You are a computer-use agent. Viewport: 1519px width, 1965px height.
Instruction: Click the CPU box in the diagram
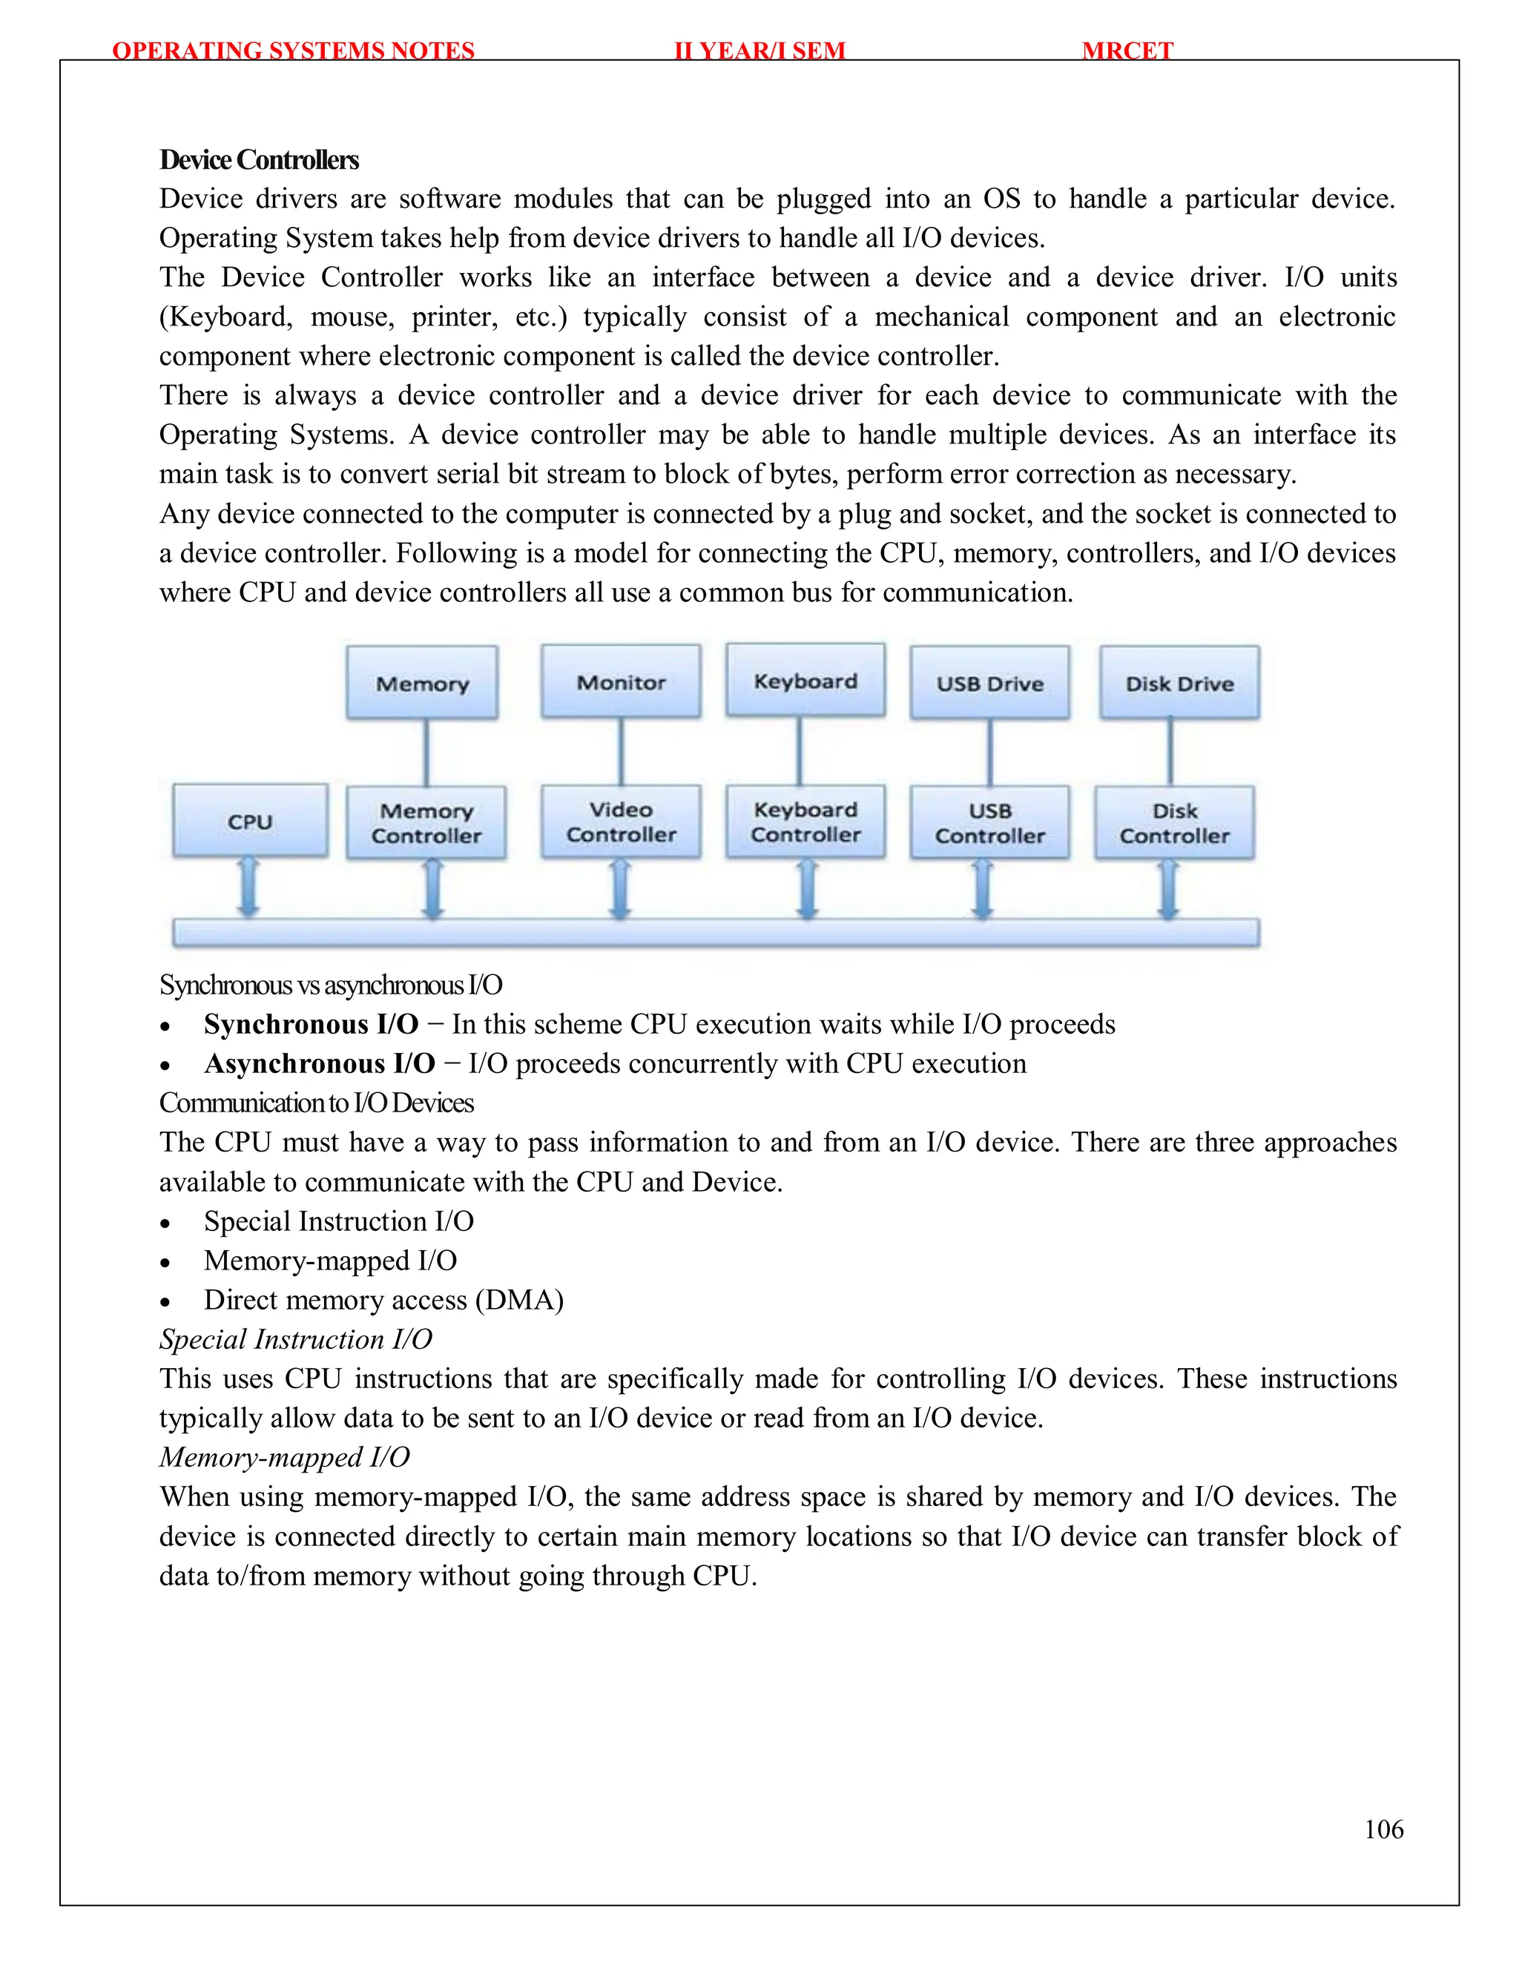[250, 821]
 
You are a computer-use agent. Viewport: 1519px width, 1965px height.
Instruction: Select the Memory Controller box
[426, 822]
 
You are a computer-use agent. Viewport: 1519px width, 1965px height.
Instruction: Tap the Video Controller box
[621, 822]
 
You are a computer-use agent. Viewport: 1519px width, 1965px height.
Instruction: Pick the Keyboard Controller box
[805, 822]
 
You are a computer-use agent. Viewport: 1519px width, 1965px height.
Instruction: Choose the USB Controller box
[990, 822]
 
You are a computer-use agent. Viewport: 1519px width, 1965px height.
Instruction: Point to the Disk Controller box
[1174, 822]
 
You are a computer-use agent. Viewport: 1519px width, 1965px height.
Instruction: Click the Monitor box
[621, 682]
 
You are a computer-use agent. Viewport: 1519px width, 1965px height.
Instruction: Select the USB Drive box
[990, 683]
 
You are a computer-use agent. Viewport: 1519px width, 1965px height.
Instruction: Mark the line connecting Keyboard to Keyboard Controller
[799, 751]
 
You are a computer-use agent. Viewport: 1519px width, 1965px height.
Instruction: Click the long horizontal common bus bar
[716, 933]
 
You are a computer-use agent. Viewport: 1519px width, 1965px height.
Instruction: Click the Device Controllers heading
[259, 160]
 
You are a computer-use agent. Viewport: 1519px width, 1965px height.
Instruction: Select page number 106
[1383, 1829]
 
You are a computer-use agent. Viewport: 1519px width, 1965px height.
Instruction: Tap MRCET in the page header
[1127, 50]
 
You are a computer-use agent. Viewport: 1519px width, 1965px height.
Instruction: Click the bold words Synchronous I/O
[312, 1024]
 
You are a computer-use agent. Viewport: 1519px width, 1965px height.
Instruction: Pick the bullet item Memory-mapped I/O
[330, 1261]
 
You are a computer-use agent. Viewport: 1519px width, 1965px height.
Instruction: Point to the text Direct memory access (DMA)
[383, 1300]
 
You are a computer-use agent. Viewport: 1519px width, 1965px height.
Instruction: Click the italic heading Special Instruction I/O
[296, 1340]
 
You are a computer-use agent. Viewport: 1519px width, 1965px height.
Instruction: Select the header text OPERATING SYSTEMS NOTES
[294, 50]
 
